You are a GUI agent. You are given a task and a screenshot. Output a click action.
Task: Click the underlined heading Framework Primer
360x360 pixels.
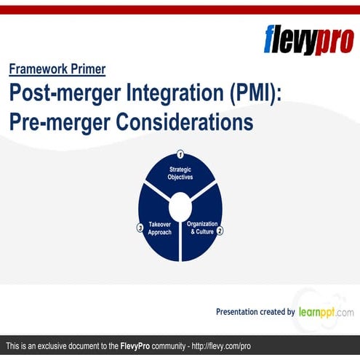57,70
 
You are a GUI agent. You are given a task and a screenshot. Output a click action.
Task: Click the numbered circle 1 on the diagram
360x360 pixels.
180,154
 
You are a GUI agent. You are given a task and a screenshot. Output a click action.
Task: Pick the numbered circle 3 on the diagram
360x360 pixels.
140,228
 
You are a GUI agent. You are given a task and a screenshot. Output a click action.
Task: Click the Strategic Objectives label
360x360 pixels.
180,172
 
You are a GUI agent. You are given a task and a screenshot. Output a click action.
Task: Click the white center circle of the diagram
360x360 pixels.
180,204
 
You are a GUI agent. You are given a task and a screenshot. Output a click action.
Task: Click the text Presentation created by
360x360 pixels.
255,312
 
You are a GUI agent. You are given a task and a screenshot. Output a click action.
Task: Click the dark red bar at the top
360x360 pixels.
180,9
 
